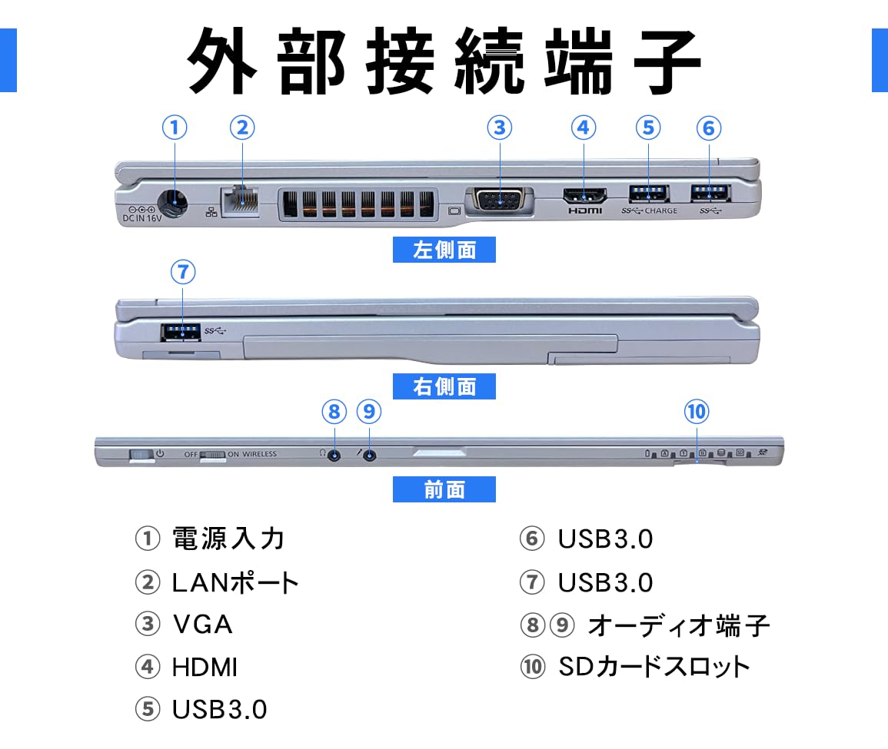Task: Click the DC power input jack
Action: click(174, 204)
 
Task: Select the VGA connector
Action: click(500, 201)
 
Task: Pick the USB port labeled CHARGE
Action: click(648, 193)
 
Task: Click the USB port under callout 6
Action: click(708, 193)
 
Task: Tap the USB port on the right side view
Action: click(182, 332)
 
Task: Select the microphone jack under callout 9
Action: click(371, 455)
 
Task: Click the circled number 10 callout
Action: click(696, 412)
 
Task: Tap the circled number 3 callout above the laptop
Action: click(500, 128)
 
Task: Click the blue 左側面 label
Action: click(444, 250)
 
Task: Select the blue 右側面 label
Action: click(444, 386)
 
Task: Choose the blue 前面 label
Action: click(444, 489)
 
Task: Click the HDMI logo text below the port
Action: click(585, 210)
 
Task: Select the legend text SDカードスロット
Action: click(654, 666)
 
